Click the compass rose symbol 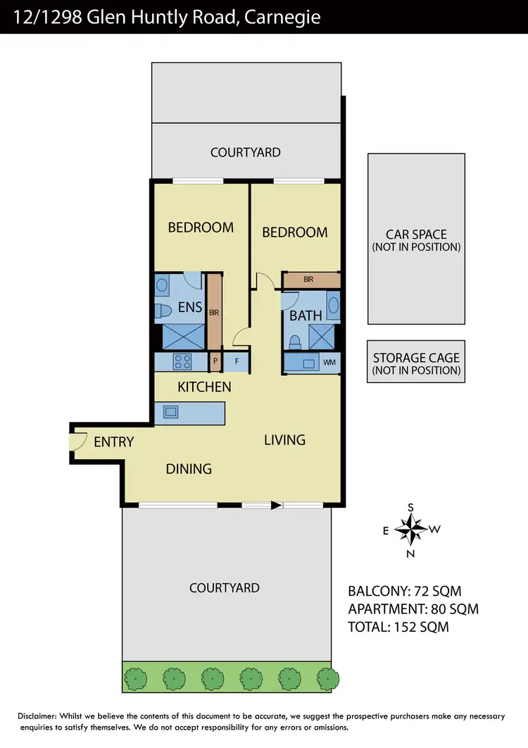pos(410,529)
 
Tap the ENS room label pos(190,308)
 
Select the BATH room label pos(306,316)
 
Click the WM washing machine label pos(329,362)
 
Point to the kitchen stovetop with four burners pos(182,361)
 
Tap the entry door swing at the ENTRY pos(78,442)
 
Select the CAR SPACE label pos(415,235)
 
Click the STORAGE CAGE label pos(415,358)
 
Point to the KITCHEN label pos(204,387)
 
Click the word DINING pos(189,468)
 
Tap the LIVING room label pos(284,440)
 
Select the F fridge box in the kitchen pos(237,361)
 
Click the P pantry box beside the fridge pos(215,361)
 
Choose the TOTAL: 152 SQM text pos(398,626)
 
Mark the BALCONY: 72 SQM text pos(405,591)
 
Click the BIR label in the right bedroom pos(308,280)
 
